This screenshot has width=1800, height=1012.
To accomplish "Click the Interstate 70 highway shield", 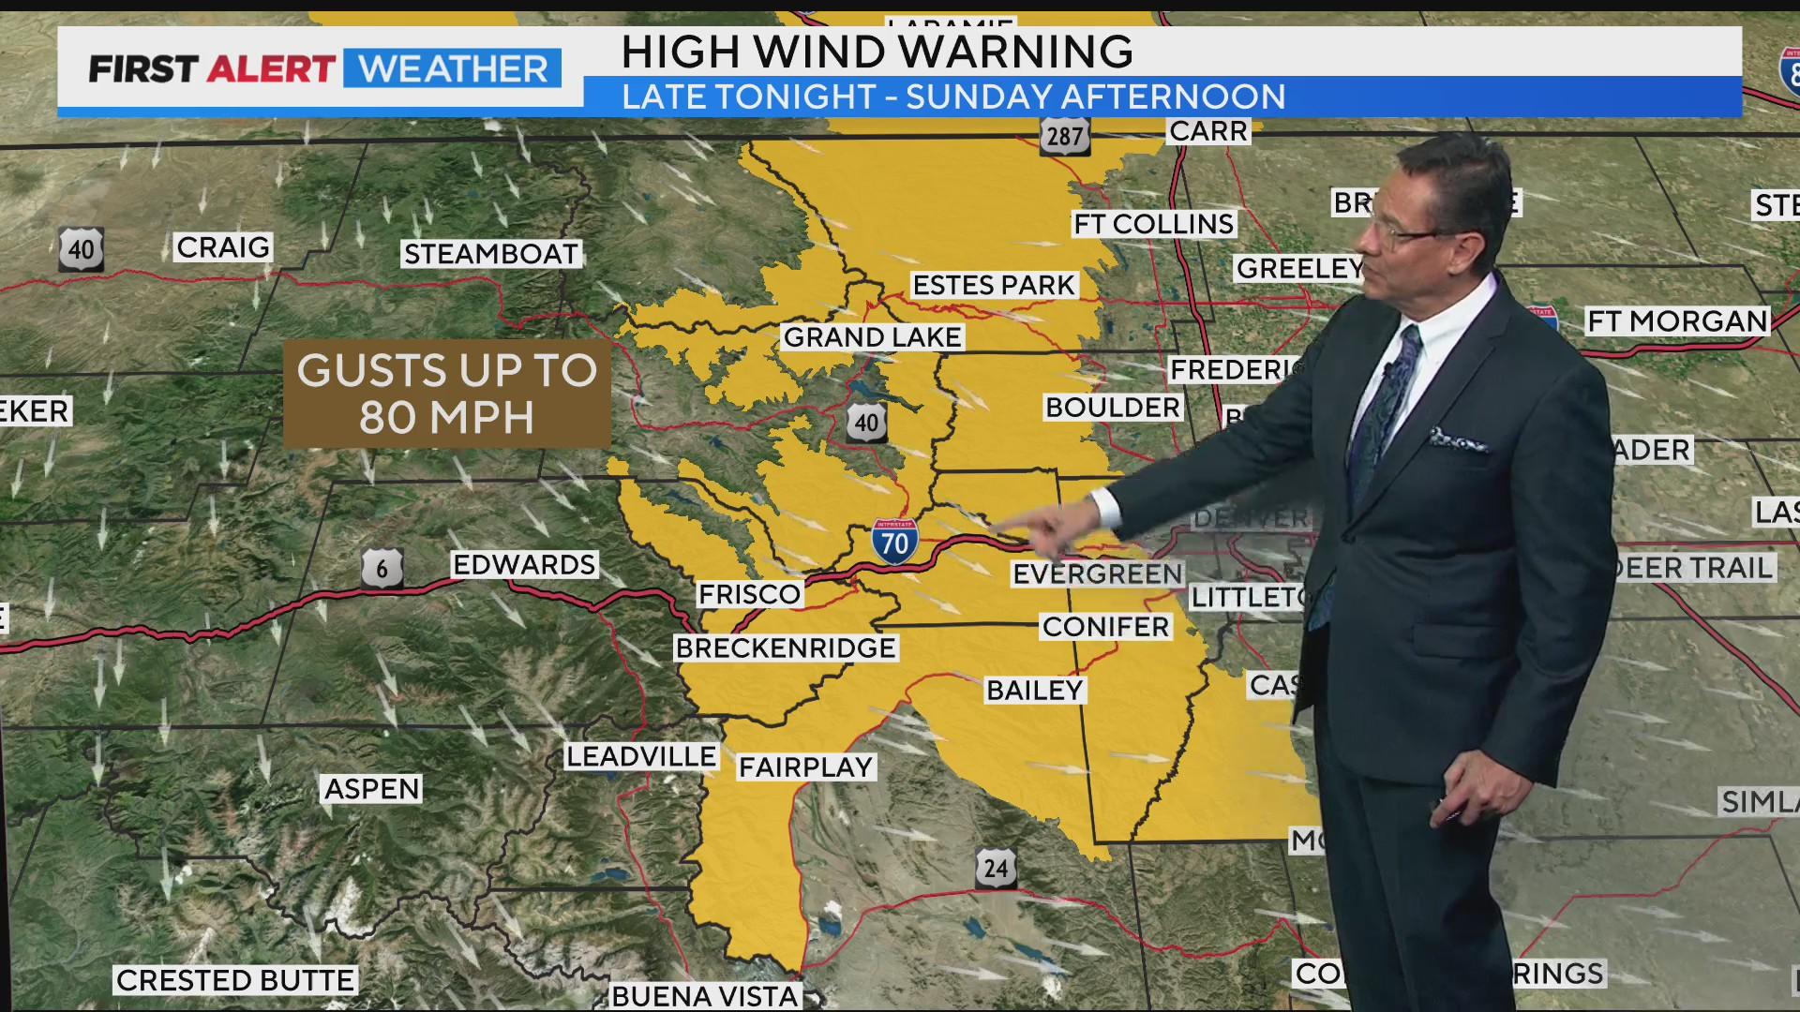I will click(894, 541).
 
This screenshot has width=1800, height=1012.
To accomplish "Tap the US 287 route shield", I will click(1064, 136).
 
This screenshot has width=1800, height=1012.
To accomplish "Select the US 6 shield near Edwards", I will click(382, 568).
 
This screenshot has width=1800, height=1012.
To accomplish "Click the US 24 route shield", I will click(995, 869).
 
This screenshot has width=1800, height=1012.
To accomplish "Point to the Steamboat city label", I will click(490, 254).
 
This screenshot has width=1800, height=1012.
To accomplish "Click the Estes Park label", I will click(993, 285).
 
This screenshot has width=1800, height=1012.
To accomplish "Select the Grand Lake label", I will click(872, 337).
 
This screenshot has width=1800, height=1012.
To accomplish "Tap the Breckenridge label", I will click(786, 647).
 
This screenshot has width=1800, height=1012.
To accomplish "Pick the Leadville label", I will click(641, 756).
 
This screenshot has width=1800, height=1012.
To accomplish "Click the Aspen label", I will click(371, 789).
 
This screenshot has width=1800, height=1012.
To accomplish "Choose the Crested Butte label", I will click(235, 980).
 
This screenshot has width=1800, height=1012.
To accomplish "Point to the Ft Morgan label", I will click(1676, 321).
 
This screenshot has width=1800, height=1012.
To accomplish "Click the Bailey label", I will click(1034, 691).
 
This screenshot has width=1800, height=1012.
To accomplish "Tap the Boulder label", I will click(1113, 408).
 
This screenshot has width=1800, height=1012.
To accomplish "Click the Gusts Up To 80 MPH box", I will click(447, 394).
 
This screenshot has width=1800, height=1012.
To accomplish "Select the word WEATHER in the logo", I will click(453, 68).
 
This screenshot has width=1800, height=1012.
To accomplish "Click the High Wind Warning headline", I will click(877, 52).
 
